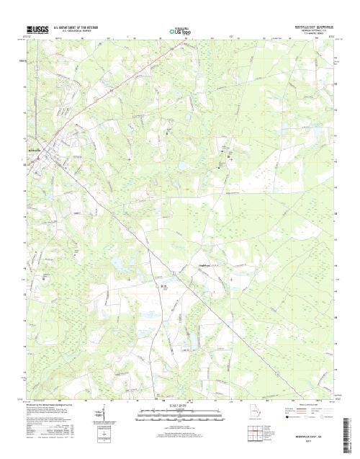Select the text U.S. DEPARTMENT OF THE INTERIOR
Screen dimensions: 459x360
[67, 25]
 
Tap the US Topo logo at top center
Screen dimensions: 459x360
[180, 30]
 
